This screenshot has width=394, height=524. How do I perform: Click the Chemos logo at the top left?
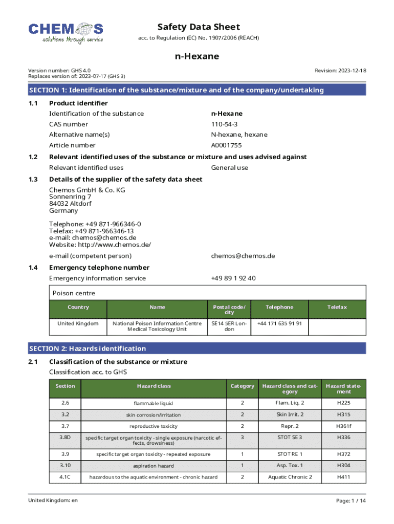pos(65,33)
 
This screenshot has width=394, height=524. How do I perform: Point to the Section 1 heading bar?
pos(197,90)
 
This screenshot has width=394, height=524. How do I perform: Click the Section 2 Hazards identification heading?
pos(87,348)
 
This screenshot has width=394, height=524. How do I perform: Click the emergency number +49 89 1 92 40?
pos(233,278)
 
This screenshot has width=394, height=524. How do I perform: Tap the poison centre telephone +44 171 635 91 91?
pos(279,323)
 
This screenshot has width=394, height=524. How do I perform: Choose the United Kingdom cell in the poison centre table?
pos(78,323)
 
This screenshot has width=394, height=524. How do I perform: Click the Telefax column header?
pos(337,307)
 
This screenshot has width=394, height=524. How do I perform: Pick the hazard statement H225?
pos(344,403)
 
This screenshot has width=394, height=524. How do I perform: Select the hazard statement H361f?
pos(344,426)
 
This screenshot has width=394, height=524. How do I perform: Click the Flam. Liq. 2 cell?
pos(290,403)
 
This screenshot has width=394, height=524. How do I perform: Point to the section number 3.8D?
pos(65,437)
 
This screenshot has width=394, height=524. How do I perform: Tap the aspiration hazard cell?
pos(154,466)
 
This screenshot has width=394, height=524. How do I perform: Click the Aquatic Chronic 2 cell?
pos(290,477)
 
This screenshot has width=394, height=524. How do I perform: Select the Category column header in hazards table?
pos(242,386)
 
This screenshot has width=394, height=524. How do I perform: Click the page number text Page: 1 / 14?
pos(351,500)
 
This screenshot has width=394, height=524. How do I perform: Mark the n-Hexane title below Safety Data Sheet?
pos(197,56)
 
